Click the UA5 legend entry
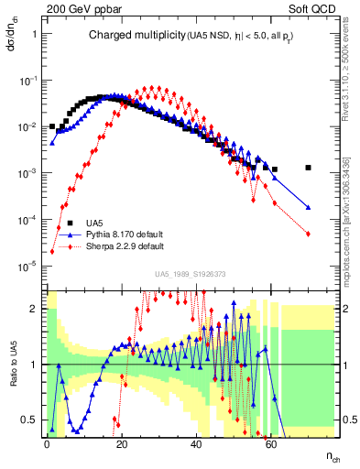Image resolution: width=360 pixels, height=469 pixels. pos(94,223)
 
